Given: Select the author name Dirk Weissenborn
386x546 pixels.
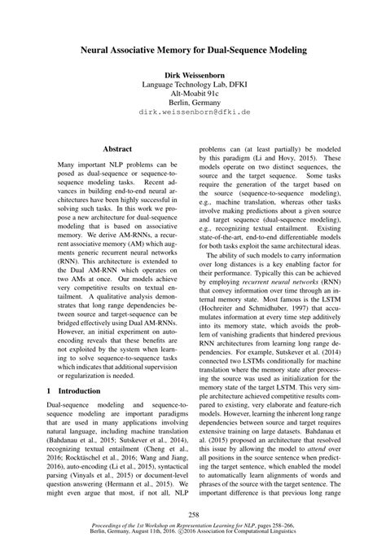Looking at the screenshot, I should (192, 74).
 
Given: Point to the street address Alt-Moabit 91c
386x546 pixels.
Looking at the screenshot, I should (192, 95).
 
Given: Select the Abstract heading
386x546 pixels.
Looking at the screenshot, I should (116, 150).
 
